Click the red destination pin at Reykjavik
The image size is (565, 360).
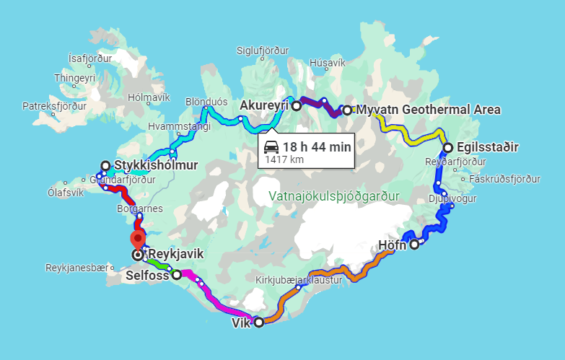137,239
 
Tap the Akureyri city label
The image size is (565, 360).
263,105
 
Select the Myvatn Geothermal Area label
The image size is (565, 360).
428,110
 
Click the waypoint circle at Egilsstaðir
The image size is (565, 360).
447,148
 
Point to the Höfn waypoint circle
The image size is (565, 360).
414,245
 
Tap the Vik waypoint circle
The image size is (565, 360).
258,322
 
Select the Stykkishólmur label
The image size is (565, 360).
156,165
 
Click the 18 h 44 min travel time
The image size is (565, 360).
316,146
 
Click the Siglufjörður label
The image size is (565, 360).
263,51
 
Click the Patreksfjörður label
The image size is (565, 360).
54,105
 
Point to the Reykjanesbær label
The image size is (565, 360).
76,267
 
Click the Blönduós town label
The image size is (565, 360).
206,101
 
